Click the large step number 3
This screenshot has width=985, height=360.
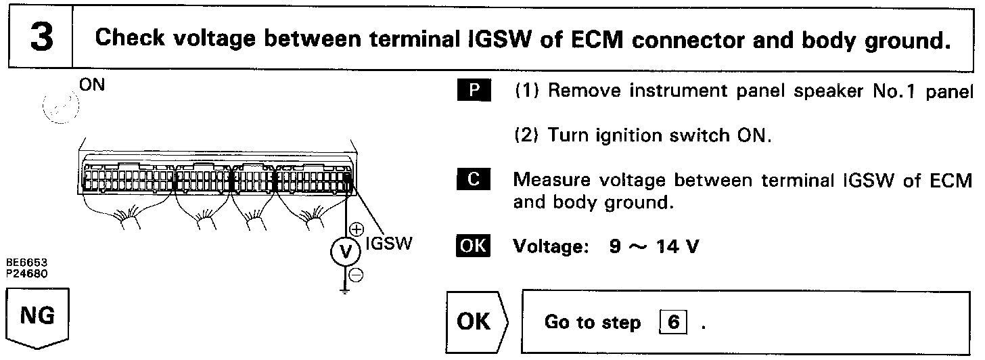(41, 37)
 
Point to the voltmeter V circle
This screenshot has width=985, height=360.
(346, 253)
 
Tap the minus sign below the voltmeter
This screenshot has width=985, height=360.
(357, 274)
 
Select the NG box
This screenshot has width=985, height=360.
(38, 316)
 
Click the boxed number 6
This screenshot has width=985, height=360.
(673, 322)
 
